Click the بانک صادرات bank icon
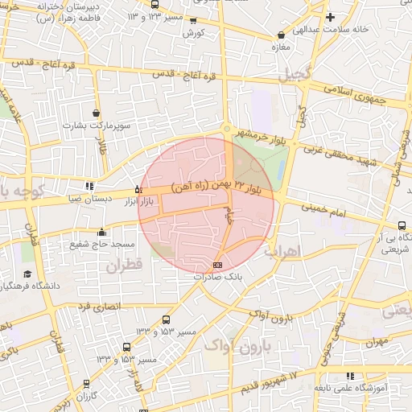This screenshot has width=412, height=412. [217, 265]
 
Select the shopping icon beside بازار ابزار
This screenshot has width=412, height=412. [138, 190]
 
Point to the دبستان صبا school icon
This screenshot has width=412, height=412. [89, 186]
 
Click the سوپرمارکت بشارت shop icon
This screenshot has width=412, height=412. [97, 113]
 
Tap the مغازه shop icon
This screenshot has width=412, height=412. [281, 35]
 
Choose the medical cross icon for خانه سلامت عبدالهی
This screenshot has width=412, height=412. [329, 17]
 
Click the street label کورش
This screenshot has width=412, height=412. [195, 33]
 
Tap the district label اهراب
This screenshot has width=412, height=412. [303, 252]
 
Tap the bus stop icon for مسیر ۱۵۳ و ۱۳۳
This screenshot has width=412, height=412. [166, 319]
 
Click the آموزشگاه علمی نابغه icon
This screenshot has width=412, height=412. [351, 376]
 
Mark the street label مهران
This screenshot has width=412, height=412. [375, 342]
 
